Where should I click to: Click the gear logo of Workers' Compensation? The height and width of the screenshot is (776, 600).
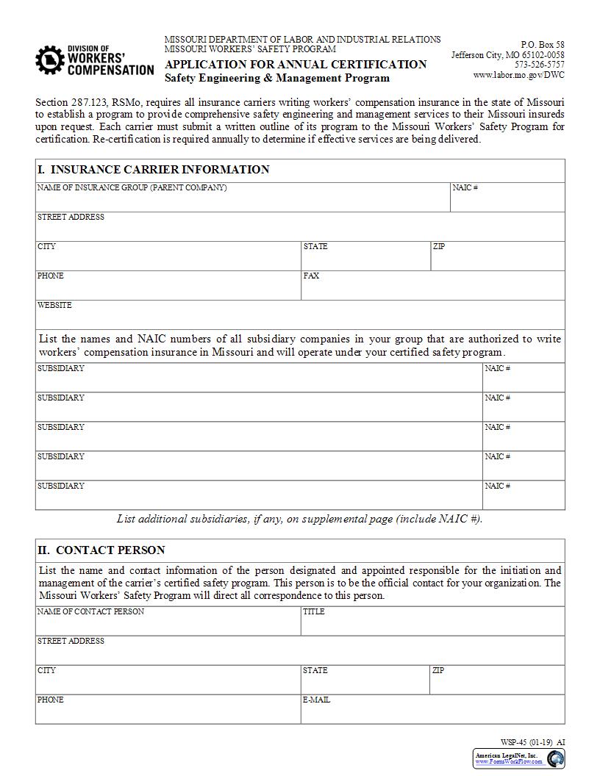click(50, 60)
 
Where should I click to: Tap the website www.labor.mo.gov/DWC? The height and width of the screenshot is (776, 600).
click(518, 75)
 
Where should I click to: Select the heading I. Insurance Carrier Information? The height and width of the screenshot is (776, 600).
click(154, 170)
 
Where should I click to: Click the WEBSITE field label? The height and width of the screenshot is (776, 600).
click(55, 305)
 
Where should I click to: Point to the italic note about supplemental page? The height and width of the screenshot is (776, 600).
click(300, 519)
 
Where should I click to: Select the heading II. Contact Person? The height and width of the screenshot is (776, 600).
click(101, 550)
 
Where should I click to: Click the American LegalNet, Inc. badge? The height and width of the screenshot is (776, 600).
click(518, 758)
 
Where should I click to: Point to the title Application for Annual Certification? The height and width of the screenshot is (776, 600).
click(296, 64)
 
